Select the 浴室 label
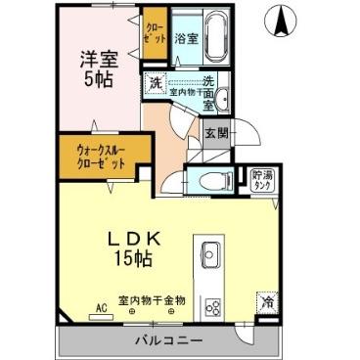tap(186, 40)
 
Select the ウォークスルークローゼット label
tap(103, 154)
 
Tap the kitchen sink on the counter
tap(212, 256)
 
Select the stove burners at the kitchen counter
tap(212, 304)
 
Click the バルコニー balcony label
tap(167, 340)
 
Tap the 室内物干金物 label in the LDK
tap(152, 299)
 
